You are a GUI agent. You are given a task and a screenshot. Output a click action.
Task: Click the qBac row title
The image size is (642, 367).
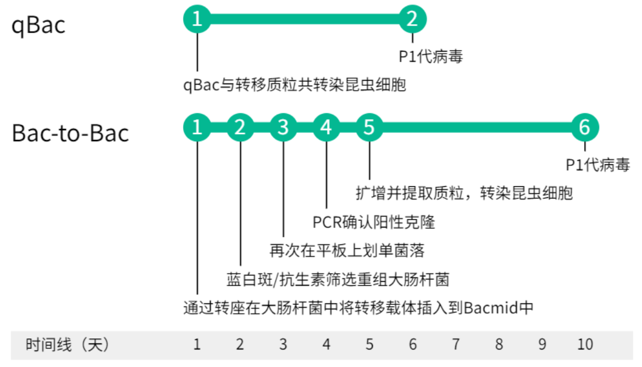[38, 26]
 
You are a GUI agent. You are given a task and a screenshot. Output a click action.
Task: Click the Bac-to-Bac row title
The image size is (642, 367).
[70, 134]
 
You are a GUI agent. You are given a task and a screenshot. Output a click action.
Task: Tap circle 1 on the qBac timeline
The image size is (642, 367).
[197, 19]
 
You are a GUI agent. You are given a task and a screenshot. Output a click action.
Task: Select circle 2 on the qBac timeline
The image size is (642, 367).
[412, 19]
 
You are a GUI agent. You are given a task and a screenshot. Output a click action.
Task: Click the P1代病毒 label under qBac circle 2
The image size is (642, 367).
[431, 56]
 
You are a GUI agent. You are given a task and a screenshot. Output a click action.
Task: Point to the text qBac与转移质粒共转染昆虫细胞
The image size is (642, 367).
[295, 85]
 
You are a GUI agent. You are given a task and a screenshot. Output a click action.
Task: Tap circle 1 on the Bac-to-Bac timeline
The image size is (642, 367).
[197, 127]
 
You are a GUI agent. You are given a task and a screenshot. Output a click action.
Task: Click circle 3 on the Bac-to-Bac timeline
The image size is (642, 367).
[283, 127]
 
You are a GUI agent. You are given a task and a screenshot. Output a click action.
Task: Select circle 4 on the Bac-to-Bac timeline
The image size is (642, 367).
[326, 127]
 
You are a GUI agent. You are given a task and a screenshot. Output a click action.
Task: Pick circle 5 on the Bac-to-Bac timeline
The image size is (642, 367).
[369, 127]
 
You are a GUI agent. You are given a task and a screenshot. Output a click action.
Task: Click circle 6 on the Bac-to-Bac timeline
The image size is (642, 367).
[584, 127]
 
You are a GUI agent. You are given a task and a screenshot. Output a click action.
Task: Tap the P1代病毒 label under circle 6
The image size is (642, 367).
[598, 165]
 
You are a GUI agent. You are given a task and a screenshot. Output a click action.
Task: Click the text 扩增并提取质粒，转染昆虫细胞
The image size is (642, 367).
[464, 193]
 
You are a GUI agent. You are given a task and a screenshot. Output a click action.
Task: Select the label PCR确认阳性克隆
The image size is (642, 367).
[374, 222]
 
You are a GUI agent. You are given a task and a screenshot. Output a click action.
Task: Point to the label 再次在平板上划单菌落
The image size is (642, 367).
[347, 251]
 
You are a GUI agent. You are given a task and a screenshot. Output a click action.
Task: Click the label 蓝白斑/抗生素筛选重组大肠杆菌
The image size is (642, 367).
[338, 279]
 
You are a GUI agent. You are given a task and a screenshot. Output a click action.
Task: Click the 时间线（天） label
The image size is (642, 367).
[68, 344]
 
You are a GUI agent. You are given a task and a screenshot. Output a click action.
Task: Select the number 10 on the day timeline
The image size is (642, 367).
[585, 344]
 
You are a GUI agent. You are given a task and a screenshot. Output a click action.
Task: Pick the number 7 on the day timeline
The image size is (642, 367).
[456, 344]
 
